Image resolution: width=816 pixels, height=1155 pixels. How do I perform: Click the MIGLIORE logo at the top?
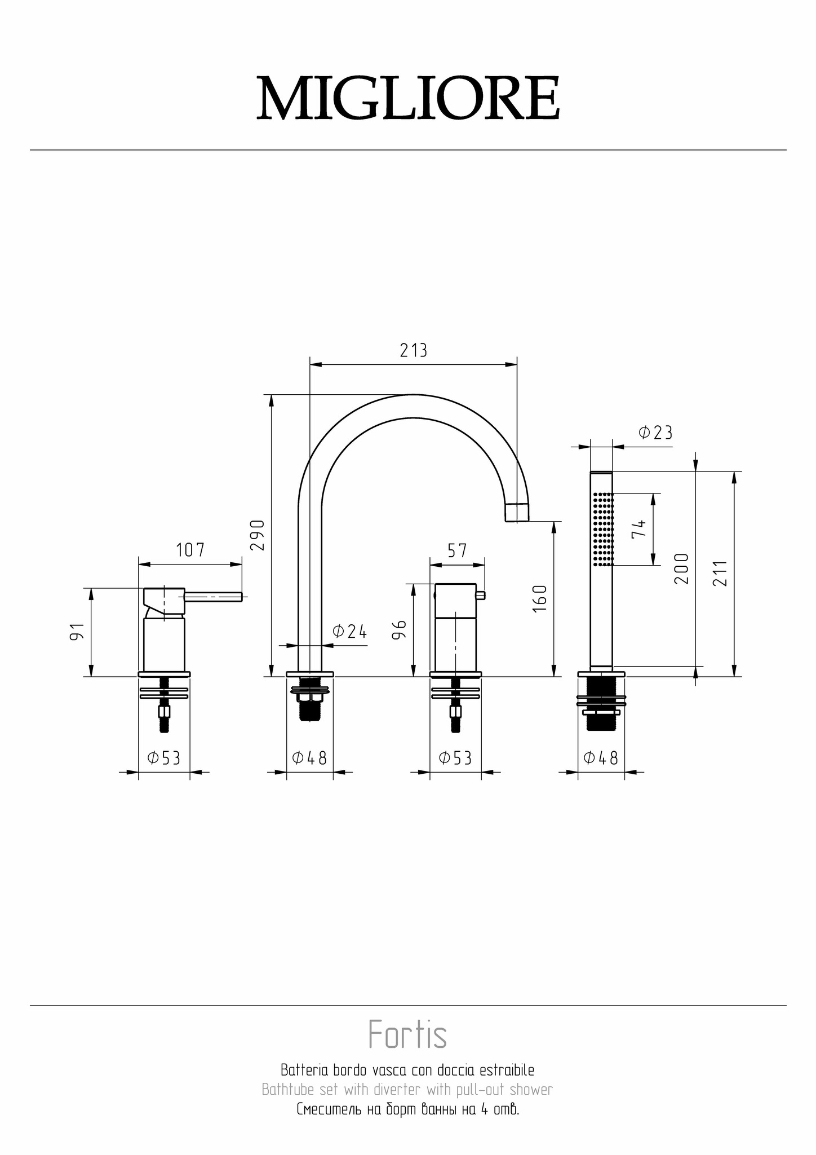tap(408, 99)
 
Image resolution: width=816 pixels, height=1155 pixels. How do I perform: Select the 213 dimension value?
tap(414, 351)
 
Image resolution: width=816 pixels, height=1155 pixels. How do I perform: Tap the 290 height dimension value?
tap(257, 536)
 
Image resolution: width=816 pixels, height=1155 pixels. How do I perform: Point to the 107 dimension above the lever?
tap(190, 550)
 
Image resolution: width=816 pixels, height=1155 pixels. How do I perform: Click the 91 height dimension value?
tap(77, 632)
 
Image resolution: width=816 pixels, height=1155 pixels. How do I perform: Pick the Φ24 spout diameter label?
tap(349, 632)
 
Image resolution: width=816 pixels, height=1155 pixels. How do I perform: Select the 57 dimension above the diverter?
tap(457, 550)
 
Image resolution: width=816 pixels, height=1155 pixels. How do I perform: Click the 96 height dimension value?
tap(399, 629)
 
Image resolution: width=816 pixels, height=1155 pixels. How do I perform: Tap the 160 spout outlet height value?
tap(539, 599)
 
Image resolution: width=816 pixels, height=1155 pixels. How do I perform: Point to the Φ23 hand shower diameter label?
tap(655, 433)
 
